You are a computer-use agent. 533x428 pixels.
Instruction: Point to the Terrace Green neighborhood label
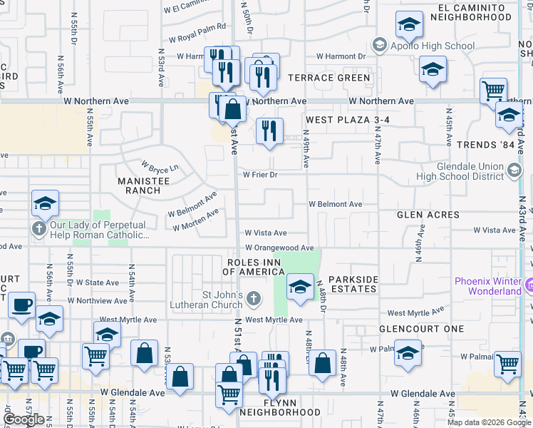(x=328, y=78)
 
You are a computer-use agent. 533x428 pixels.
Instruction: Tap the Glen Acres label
(x=428, y=215)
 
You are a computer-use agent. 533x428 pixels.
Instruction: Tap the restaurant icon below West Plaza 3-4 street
(x=269, y=131)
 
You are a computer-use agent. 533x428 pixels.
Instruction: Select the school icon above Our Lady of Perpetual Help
(x=44, y=204)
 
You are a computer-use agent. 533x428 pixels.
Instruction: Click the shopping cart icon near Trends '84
(x=493, y=91)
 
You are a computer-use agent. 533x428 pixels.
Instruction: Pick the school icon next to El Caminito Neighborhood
(x=409, y=26)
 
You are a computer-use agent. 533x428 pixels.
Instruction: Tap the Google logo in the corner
(x=24, y=419)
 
